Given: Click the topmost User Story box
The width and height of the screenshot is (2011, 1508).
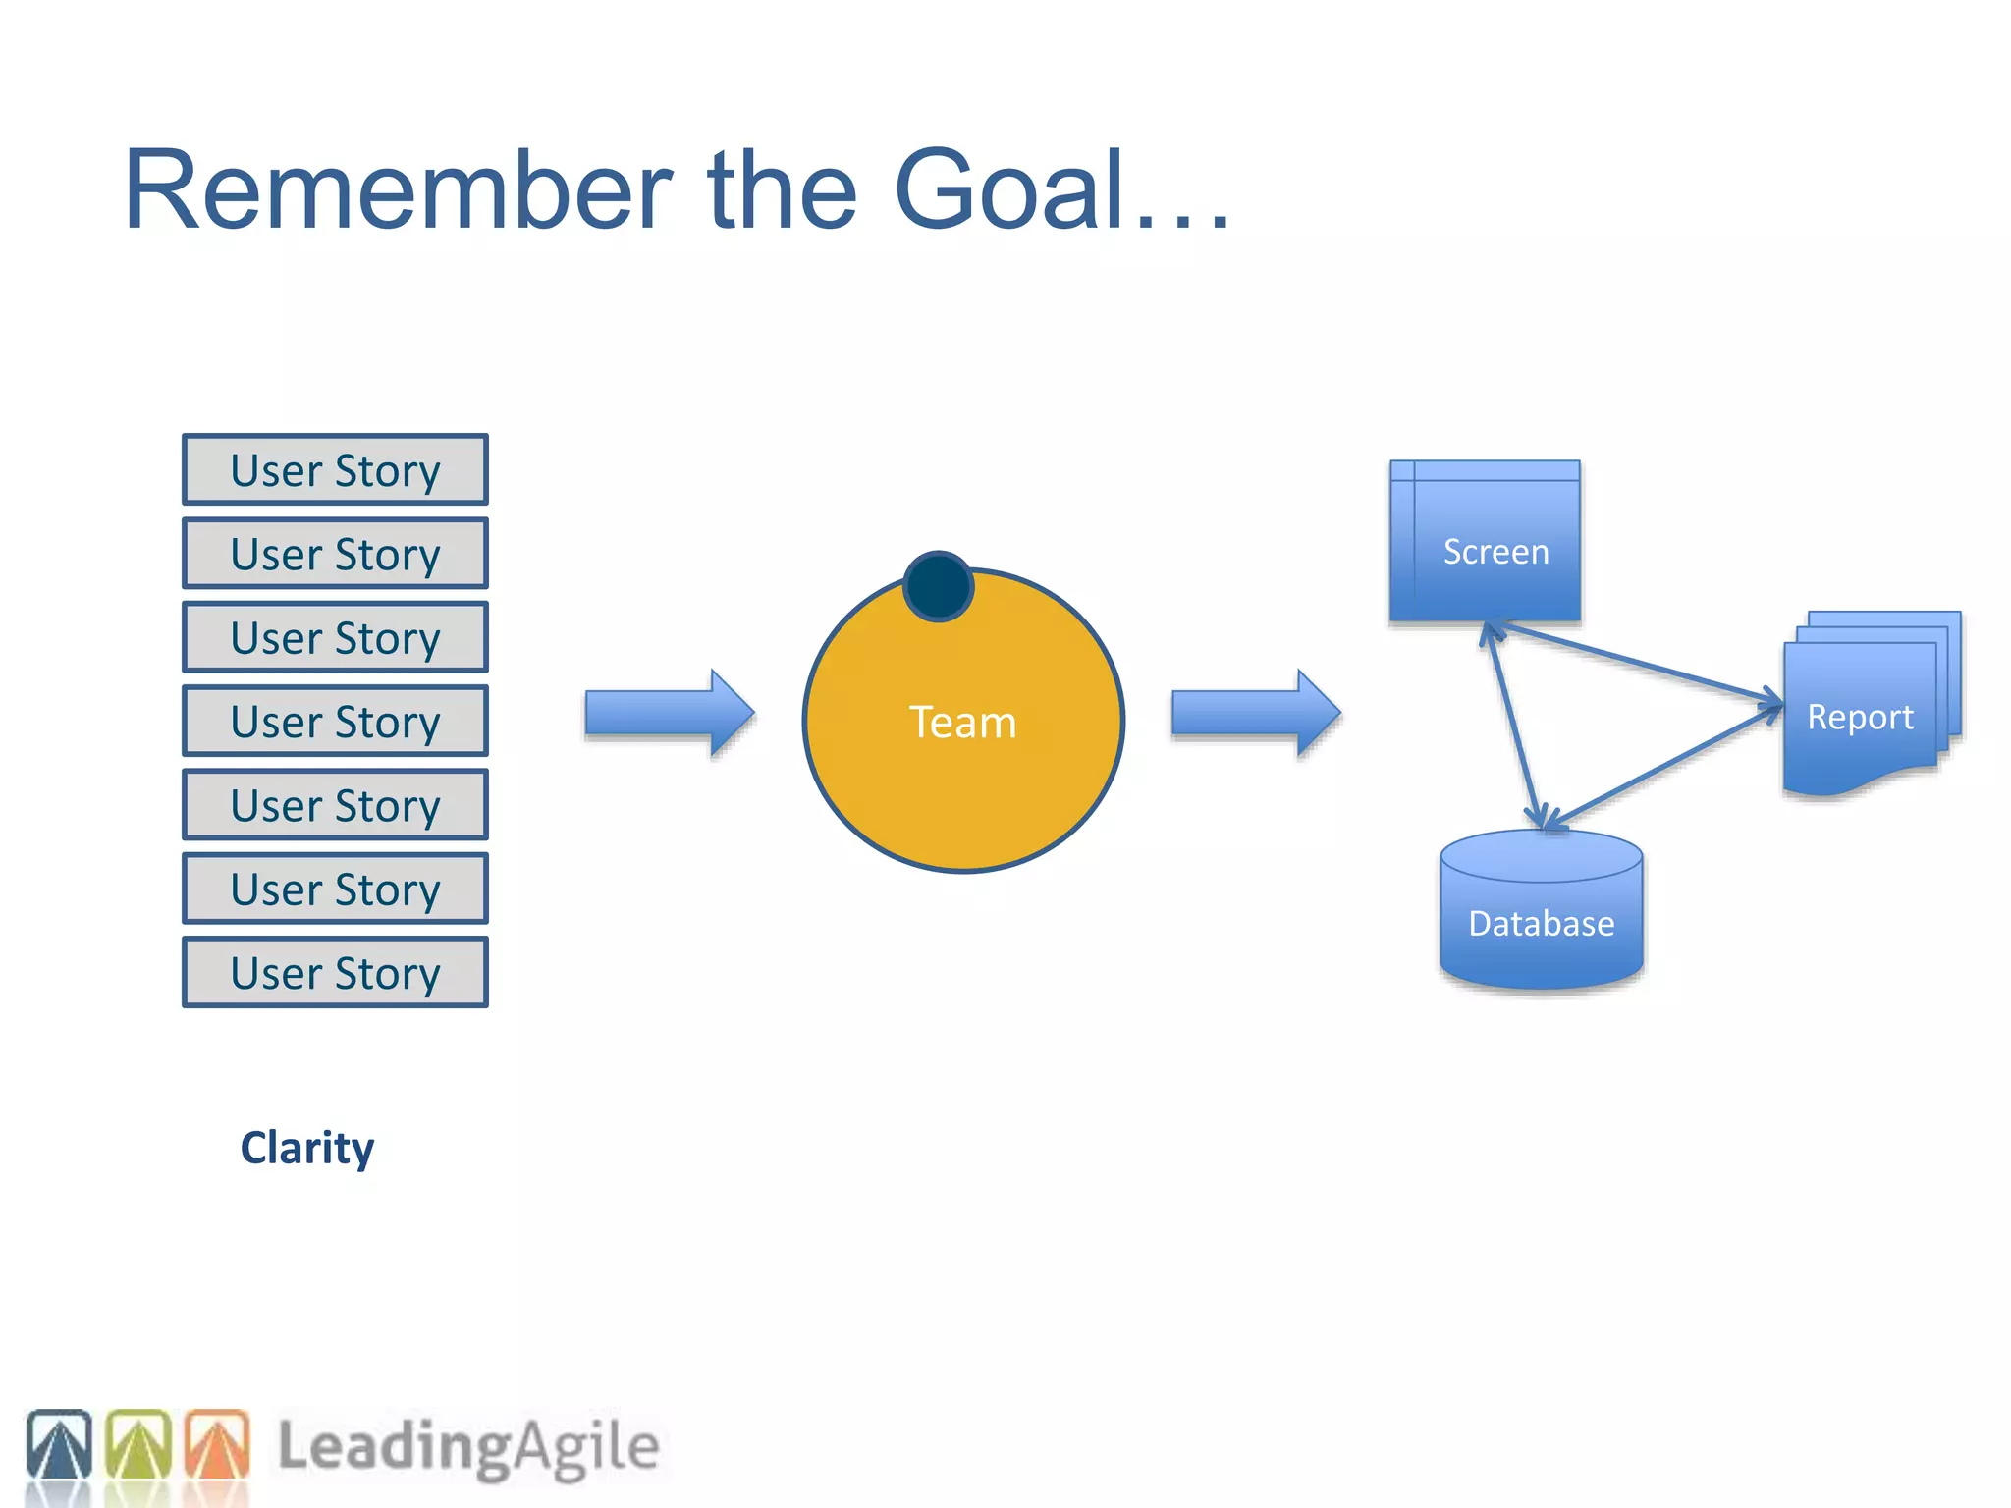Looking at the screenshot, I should pyautogui.click(x=335, y=469).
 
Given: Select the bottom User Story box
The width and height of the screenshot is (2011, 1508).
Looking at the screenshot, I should pyautogui.click(x=335, y=972).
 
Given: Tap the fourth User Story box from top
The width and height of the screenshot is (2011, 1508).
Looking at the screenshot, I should pyautogui.click(x=335, y=721).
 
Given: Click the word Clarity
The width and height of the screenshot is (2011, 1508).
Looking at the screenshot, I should pyautogui.click(x=307, y=1148).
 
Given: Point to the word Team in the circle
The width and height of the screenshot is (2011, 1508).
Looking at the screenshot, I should pyautogui.click(x=962, y=723).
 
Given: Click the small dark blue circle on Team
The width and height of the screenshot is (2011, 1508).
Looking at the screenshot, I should pyautogui.click(x=938, y=587).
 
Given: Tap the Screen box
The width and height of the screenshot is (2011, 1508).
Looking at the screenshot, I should pyautogui.click(x=1485, y=541).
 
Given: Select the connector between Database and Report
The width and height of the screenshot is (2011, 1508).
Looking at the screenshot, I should pyautogui.click(x=1664, y=767).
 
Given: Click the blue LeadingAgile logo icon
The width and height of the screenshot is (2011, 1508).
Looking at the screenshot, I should pyautogui.click(x=59, y=1444).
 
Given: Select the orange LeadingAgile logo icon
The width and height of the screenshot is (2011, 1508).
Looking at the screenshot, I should pyautogui.click(x=217, y=1444).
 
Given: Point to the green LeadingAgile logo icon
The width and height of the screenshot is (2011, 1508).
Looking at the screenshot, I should pyautogui.click(x=137, y=1444).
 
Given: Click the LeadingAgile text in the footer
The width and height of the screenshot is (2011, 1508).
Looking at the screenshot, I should pyautogui.click(x=468, y=1446).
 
